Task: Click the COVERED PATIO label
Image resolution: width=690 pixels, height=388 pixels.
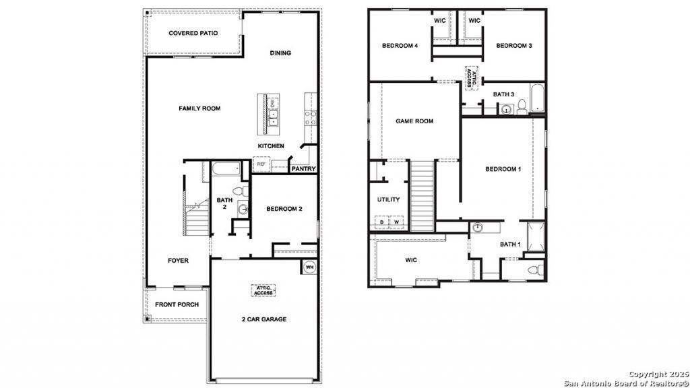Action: coord(193,33)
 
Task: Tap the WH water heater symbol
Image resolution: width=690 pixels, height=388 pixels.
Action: coord(310,267)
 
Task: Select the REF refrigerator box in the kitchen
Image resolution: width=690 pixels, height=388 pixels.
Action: coord(261,164)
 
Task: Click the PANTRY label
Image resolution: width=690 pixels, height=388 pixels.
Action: coord(304,169)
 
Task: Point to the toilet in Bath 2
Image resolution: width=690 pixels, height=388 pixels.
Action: coord(241,191)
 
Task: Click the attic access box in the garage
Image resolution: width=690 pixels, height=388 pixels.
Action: coord(263,290)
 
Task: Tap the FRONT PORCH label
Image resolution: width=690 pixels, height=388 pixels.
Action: coord(177,304)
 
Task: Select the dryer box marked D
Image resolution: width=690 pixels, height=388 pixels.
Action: coord(381,222)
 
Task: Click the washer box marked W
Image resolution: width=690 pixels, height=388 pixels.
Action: coord(396,222)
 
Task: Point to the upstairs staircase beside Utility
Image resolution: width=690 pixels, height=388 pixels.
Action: coord(422,195)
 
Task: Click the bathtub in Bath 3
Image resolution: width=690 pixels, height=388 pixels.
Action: coord(537,97)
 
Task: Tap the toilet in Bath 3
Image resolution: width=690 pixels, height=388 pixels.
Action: coord(522,107)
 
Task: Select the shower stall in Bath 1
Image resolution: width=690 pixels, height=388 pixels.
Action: coord(536,236)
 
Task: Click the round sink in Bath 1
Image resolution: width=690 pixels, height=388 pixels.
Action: coord(478,228)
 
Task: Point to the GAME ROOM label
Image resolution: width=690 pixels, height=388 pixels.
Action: coord(414,121)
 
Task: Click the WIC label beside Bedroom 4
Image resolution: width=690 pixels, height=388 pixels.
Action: coord(439,21)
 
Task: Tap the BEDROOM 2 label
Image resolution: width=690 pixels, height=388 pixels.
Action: coord(284,209)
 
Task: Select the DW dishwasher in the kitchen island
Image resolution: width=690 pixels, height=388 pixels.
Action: coord(272,104)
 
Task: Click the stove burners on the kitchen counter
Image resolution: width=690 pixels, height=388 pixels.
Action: coord(311,117)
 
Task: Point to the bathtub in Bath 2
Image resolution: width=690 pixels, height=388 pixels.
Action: coord(226,169)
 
